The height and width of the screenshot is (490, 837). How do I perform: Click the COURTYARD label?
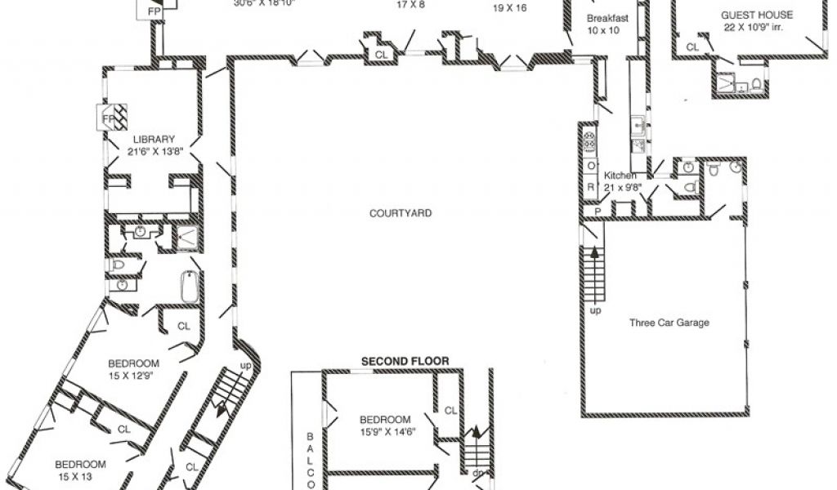400,214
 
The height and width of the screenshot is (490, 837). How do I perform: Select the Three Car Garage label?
669,323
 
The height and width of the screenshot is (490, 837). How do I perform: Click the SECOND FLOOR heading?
405,360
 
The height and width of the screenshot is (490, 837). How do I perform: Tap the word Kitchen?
620,176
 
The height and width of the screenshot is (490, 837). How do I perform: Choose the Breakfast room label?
606,18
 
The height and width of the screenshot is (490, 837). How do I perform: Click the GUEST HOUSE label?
756,15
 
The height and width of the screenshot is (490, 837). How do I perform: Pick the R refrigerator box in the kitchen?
591,186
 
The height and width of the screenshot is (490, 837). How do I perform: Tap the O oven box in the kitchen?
591,166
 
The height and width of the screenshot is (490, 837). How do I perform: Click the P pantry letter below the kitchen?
598,210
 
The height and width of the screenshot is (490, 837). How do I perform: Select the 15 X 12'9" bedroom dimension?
134,375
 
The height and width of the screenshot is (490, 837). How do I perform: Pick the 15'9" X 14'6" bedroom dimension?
387,432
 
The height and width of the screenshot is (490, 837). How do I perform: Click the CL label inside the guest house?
692,47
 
